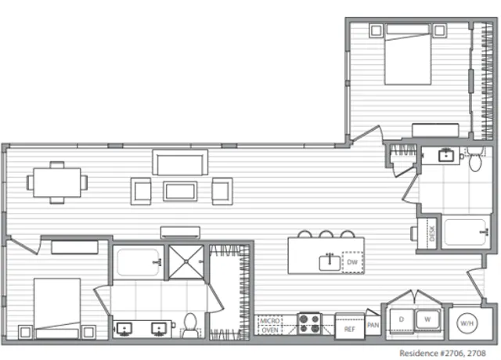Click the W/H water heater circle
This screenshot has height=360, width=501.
coord(467,323)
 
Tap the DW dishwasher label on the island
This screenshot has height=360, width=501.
coord(352,262)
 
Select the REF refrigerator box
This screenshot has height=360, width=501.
coord(350,326)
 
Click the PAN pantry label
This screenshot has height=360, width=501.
coord(373,326)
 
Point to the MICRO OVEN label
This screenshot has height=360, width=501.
coord(270,326)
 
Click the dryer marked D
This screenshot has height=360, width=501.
coord(402,320)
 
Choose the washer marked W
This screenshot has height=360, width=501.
coord(427,319)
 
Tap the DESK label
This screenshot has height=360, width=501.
coord(432,233)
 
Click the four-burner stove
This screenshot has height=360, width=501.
coord(309,323)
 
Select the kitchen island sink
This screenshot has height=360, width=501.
coord(330,263)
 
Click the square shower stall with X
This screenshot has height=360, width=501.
coord(186,262)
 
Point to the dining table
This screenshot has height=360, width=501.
coord(57,182)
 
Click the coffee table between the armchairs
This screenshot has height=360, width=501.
coord(180,191)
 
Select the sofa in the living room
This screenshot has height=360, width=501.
coord(180,163)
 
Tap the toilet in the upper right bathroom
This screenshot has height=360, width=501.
coord(475,160)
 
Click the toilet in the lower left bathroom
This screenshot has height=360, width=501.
coord(190,325)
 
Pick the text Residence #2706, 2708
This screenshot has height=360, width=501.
coord(442,353)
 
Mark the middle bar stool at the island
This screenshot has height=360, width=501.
coord(326,234)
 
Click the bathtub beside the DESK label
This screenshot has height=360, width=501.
coord(467,232)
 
